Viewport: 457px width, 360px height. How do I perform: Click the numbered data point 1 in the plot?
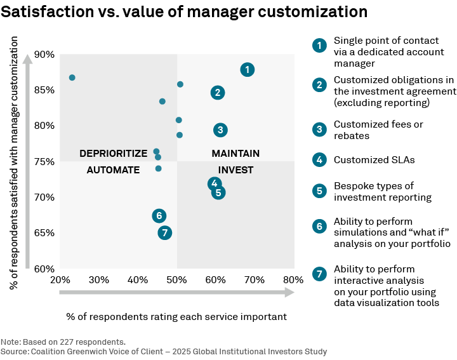pyautogui.click(x=248, y=70)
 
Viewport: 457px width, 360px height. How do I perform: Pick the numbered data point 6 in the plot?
pyautogui.click(x=159, y=216)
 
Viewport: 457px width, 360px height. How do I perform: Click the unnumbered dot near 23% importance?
pyautogui.click(x=72, y=77)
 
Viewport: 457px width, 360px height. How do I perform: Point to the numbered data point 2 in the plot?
pyautogui.click(x=218, y=93)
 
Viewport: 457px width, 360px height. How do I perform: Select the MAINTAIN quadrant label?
pyautogui.click(x=235, y=154)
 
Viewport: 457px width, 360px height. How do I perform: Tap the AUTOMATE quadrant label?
pyautogui.click(x=113, y=170)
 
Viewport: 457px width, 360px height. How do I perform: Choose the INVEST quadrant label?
pyautogui.click(x=235, y=170)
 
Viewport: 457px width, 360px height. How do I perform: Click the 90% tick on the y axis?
pyautogui.click(x=44, y=55)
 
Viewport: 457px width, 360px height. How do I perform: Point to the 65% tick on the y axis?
pyautogui.click(x=44, y=233)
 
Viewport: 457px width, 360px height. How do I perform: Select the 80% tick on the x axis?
pyautogui.click(x=293, y=280)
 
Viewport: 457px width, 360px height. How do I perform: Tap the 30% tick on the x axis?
pyautogui.click(x=98, y=280)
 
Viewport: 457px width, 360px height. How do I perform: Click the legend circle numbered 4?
pyautogui.click(x=319, y=160)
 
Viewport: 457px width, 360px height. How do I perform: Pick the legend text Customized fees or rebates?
pyautogui.click(x=378, y=130)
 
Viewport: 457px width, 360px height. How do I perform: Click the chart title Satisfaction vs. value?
pyautogui.click(x=184, y=13)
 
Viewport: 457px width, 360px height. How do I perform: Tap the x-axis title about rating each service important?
pyautogui.click(x=176, y=316)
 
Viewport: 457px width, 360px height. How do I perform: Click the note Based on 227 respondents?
pyautogui.click(x=63, y=342)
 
